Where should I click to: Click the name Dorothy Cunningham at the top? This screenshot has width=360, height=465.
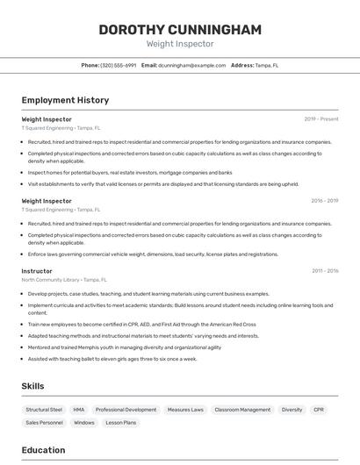(x=179, y=29)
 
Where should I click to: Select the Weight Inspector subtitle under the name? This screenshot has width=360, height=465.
(x=179, y=44)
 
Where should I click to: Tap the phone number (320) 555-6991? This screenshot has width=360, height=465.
(x=119, y=65)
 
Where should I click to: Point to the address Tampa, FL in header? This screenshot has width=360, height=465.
(x=267, y=65)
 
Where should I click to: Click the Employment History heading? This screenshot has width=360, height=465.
(x=65, y=100)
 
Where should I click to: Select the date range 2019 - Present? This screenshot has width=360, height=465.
(x=320, y=118)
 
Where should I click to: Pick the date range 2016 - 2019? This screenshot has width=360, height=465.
(x=324, y=200)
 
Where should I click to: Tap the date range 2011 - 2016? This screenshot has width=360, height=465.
(x=324, y=271)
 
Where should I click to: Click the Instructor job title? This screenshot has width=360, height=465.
(x=37, y=271)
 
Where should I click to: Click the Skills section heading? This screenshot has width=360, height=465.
(x=33, y=385)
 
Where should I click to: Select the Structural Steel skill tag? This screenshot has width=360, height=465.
(x=44, y=410)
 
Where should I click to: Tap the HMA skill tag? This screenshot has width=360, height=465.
(x=79, y=410)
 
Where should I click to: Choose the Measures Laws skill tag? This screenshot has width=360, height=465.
(x=185, y=410)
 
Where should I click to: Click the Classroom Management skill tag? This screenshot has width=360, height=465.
(x=242, y=410)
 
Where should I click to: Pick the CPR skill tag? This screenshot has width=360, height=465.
(x=319, y=410)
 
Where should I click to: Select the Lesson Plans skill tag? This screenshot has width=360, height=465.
(x=121, y=423)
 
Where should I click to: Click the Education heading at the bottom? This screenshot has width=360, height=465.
(x=43, y=450)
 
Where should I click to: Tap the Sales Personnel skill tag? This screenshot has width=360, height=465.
(x=44, y=423)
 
